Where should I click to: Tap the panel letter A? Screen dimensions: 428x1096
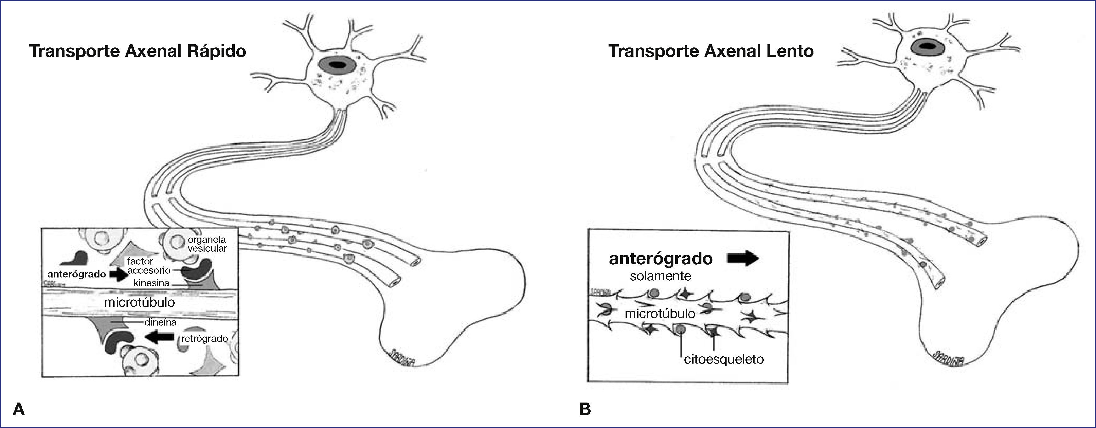pos(19,409)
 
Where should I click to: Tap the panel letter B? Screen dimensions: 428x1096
pos(585,409)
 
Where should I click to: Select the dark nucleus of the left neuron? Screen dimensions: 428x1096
pos(338,65)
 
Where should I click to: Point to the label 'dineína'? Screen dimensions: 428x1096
pos(160,322)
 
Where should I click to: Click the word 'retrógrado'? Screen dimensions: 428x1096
pos(205,339)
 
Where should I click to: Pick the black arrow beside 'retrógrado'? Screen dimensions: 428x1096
pos(159,337)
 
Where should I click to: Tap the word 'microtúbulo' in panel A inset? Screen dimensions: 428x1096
pos(139,303)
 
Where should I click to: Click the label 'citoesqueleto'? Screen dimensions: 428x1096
pos(724,359)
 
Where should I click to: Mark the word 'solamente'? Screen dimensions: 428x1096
pos(660,276)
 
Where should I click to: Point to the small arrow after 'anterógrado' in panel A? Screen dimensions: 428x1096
pos(119,275)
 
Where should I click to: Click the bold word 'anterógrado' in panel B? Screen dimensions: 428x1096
pos(661,258)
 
